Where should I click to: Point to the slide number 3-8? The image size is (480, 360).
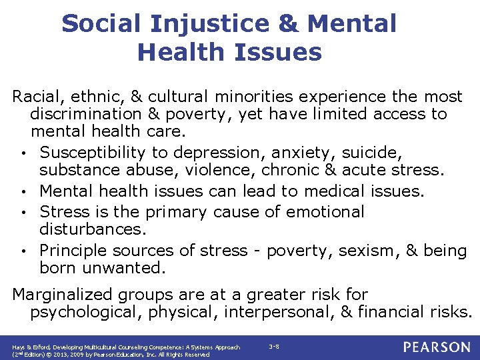click(274, 347)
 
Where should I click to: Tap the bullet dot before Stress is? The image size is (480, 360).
click(23, 213)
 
